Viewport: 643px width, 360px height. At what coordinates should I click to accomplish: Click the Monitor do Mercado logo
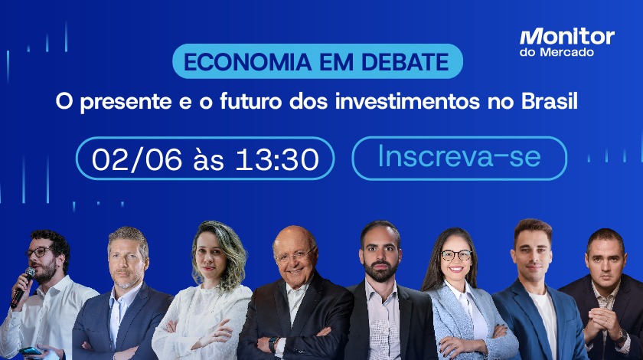(566, 42)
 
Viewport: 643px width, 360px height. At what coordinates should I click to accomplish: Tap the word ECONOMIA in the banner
(248, 62)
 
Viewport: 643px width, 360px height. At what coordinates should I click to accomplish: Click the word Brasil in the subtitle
(550, 101)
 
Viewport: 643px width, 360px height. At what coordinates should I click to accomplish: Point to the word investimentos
(407, 101)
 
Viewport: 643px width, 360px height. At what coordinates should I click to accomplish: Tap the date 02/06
(136, 159)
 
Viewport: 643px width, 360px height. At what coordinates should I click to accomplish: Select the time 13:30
(277, 159)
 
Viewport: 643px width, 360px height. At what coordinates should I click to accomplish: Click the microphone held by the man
(23, 287)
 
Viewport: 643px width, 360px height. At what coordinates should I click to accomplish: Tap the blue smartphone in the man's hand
(31, 351)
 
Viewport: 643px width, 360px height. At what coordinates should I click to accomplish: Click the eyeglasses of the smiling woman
(456, 255)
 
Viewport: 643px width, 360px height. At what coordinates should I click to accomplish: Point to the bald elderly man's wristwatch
(272, 344)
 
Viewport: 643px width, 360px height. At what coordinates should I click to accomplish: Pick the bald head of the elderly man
(294, 236)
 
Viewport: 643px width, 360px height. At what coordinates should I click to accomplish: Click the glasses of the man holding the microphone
(39, 252)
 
